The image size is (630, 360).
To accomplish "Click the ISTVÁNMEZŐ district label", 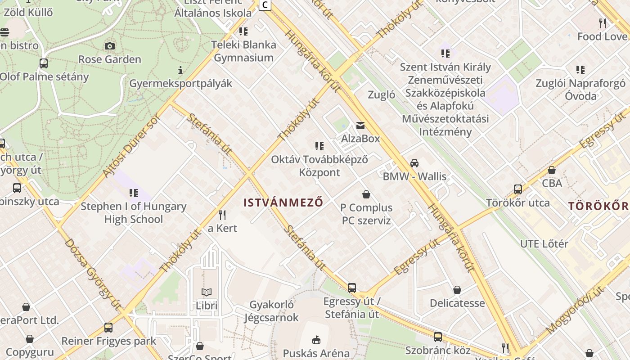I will pos(283,202).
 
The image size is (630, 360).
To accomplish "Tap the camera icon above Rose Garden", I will pos(109,46).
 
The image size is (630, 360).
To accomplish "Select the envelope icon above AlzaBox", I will pos(360,125).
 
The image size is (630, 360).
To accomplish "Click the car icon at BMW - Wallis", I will pos(414,163).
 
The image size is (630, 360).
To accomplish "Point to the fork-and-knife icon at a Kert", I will pos(222,215).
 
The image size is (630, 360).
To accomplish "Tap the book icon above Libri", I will pos(207,292).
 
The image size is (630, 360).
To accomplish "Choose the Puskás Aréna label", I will pos(316,353).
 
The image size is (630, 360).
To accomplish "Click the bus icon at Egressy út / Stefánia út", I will pos(352,288).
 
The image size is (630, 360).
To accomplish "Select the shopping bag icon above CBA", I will pos(552,170).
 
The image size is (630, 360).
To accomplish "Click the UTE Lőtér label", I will pos(544,244).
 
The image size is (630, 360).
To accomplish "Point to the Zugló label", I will pos(381,95).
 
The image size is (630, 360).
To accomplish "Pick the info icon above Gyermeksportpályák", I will pos(180,70).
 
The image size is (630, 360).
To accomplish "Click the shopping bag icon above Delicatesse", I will pos(457,290).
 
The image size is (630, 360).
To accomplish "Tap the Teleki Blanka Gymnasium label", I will pos(243,51).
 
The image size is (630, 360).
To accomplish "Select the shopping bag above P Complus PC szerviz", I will pos(366,194).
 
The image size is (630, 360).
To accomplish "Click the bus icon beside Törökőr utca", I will pos(518,189).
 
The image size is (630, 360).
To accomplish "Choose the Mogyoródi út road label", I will pos(576,310).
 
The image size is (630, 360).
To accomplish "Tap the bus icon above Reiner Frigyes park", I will pos(108,327).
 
